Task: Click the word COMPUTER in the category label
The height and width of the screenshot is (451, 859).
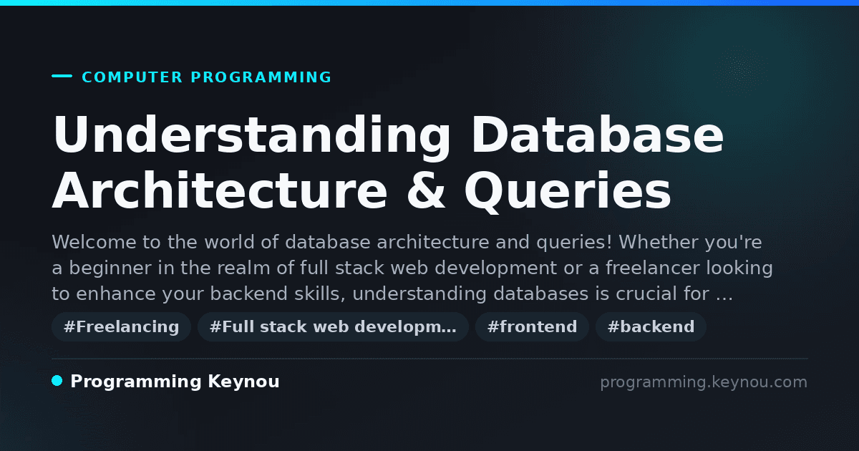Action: (132, 77)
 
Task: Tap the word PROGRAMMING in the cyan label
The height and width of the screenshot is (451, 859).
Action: (261, 77)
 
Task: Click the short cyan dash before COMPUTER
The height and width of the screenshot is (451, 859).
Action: (62, 76)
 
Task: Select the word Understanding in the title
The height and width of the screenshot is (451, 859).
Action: (251, 136)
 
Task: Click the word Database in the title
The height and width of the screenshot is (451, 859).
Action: (598, 135)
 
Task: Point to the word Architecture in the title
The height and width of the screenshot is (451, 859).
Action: (220, 190)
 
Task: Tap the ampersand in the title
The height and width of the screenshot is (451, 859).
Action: (426, 190)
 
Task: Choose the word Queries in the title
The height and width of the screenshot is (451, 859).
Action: (568, 191)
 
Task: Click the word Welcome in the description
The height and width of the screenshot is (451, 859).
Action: (94, 242)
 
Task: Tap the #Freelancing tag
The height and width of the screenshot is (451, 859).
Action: (121, 326)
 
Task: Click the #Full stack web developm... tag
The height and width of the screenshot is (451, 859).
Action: (333, 326)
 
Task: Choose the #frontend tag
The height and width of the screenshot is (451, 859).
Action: (532, 326)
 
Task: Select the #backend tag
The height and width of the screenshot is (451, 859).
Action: (651, 326)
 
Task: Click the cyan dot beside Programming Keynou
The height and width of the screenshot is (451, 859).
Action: (57, 381)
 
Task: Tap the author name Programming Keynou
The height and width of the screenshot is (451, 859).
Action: (175, 382)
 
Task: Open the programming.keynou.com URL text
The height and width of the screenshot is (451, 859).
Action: (704, 382)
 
